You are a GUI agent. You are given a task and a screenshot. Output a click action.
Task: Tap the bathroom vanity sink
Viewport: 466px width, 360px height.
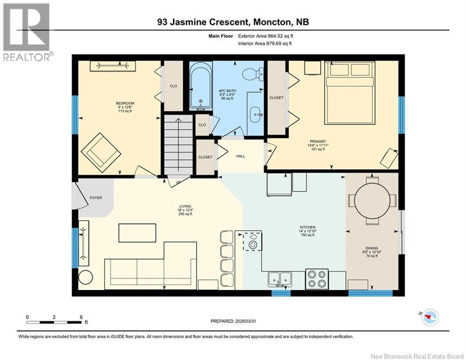point(256,114)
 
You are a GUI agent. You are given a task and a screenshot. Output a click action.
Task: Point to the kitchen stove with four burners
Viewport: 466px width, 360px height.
point(317,279)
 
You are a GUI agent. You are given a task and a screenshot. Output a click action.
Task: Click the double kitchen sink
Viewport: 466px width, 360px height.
point(280,280)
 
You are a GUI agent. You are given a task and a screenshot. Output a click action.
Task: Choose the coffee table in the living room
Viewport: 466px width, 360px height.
point(137,233)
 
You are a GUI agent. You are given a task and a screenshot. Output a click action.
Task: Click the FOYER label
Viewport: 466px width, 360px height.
point(96,198)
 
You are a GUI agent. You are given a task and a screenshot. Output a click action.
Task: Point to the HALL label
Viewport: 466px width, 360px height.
point(240,157)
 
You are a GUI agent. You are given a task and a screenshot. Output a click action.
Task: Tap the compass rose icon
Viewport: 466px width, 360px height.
point(429,318)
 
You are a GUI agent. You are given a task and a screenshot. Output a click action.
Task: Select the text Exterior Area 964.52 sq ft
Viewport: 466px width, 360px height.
point(266,36)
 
